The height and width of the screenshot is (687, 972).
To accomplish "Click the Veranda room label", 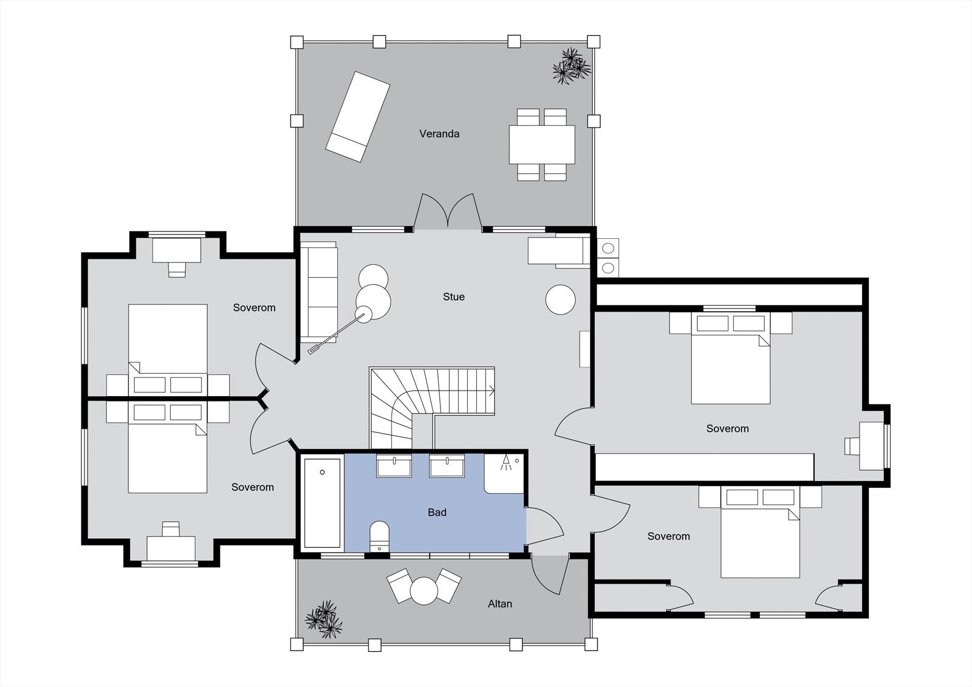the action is pyautogui.click(x=439, y=134).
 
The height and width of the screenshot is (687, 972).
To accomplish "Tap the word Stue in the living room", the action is pyautogui.click(x=453, y=297).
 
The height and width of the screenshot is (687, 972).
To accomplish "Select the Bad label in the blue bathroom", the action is pyautogui.click(x=437, y=513).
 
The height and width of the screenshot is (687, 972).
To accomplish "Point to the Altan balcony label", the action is pyautogui.click(x=500, y=604).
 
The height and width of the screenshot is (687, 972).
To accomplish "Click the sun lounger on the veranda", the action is pyautogui.click(x=358, y=117).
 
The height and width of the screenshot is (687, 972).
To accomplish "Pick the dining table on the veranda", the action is pyautogui.click(x=542, y=145).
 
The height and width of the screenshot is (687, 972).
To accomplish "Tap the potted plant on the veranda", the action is pyautogui.click(x=572, y=66).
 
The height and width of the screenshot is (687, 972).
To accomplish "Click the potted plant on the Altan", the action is pyautogui.click(x=324, y=620).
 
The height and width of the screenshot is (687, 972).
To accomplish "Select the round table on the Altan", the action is pyautogui.click(x=424, y=590).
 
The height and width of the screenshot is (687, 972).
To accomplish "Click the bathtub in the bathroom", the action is pyautogui.click(x=322, y=503).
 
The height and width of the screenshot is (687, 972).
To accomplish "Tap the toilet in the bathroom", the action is pyautogui.click(x=379, y=537).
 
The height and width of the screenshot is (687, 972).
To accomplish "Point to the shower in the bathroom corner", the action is pyautogui.click(x=504, y=473).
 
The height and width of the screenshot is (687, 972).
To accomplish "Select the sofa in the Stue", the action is pyautogui.click(x=318, y=292).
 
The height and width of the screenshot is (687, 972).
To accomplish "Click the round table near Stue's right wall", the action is pyautogui.click(x=560, y=299).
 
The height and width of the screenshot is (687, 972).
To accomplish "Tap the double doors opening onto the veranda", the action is pyautogui.click(x=448, y=211).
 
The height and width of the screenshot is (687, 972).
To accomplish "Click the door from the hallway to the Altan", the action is pyautogui.click(x=550, y=575).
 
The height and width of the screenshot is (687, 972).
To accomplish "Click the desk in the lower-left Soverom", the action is pyautogui.click(x=171, y=549).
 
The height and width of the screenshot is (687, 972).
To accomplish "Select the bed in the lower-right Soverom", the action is pyautogui.click(x=760, y=532).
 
